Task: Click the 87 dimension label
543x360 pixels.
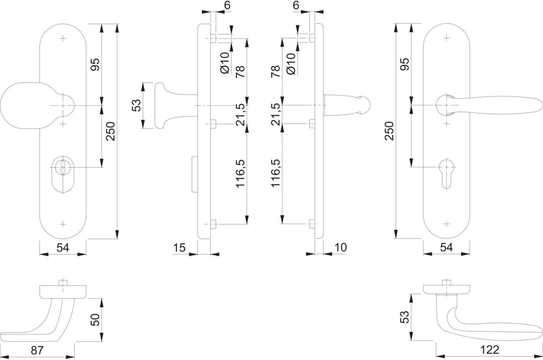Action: pyautogui.click(x=37, y=350)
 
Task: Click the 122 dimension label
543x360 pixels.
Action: pyautogui.click(x=490, y=350)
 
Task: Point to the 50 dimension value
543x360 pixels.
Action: pyautogui.click(x=95, y=319)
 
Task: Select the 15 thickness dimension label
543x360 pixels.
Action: pyautogui.click(x=179, y=248)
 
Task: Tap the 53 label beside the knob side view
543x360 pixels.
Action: pyautogui.click(x=137, y=105)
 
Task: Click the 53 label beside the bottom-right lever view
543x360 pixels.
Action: pyautogui.click(x=405, y=317)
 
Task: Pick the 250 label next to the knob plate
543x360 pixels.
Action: pyautogui.click(x=111, y=131)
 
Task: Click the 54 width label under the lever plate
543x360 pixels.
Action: pyautogui.click(x=446, y=248)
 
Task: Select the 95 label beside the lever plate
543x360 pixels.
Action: pyautogui.click(x=405, y=64)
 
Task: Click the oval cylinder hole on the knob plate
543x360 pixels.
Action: pyautogui.click(x=62, y=174)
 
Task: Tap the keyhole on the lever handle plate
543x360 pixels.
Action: pyautogui.click(x=446, y=173)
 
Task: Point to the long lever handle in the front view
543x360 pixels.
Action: pyautogui.click(x=488, y=105)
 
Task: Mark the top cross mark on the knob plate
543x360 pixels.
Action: pyautogui.click(x=62, y=38)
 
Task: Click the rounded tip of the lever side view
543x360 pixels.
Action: pyautogui.click(x=365, y=105)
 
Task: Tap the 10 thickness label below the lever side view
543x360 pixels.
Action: pyautogui.click(x=341, y=248)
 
